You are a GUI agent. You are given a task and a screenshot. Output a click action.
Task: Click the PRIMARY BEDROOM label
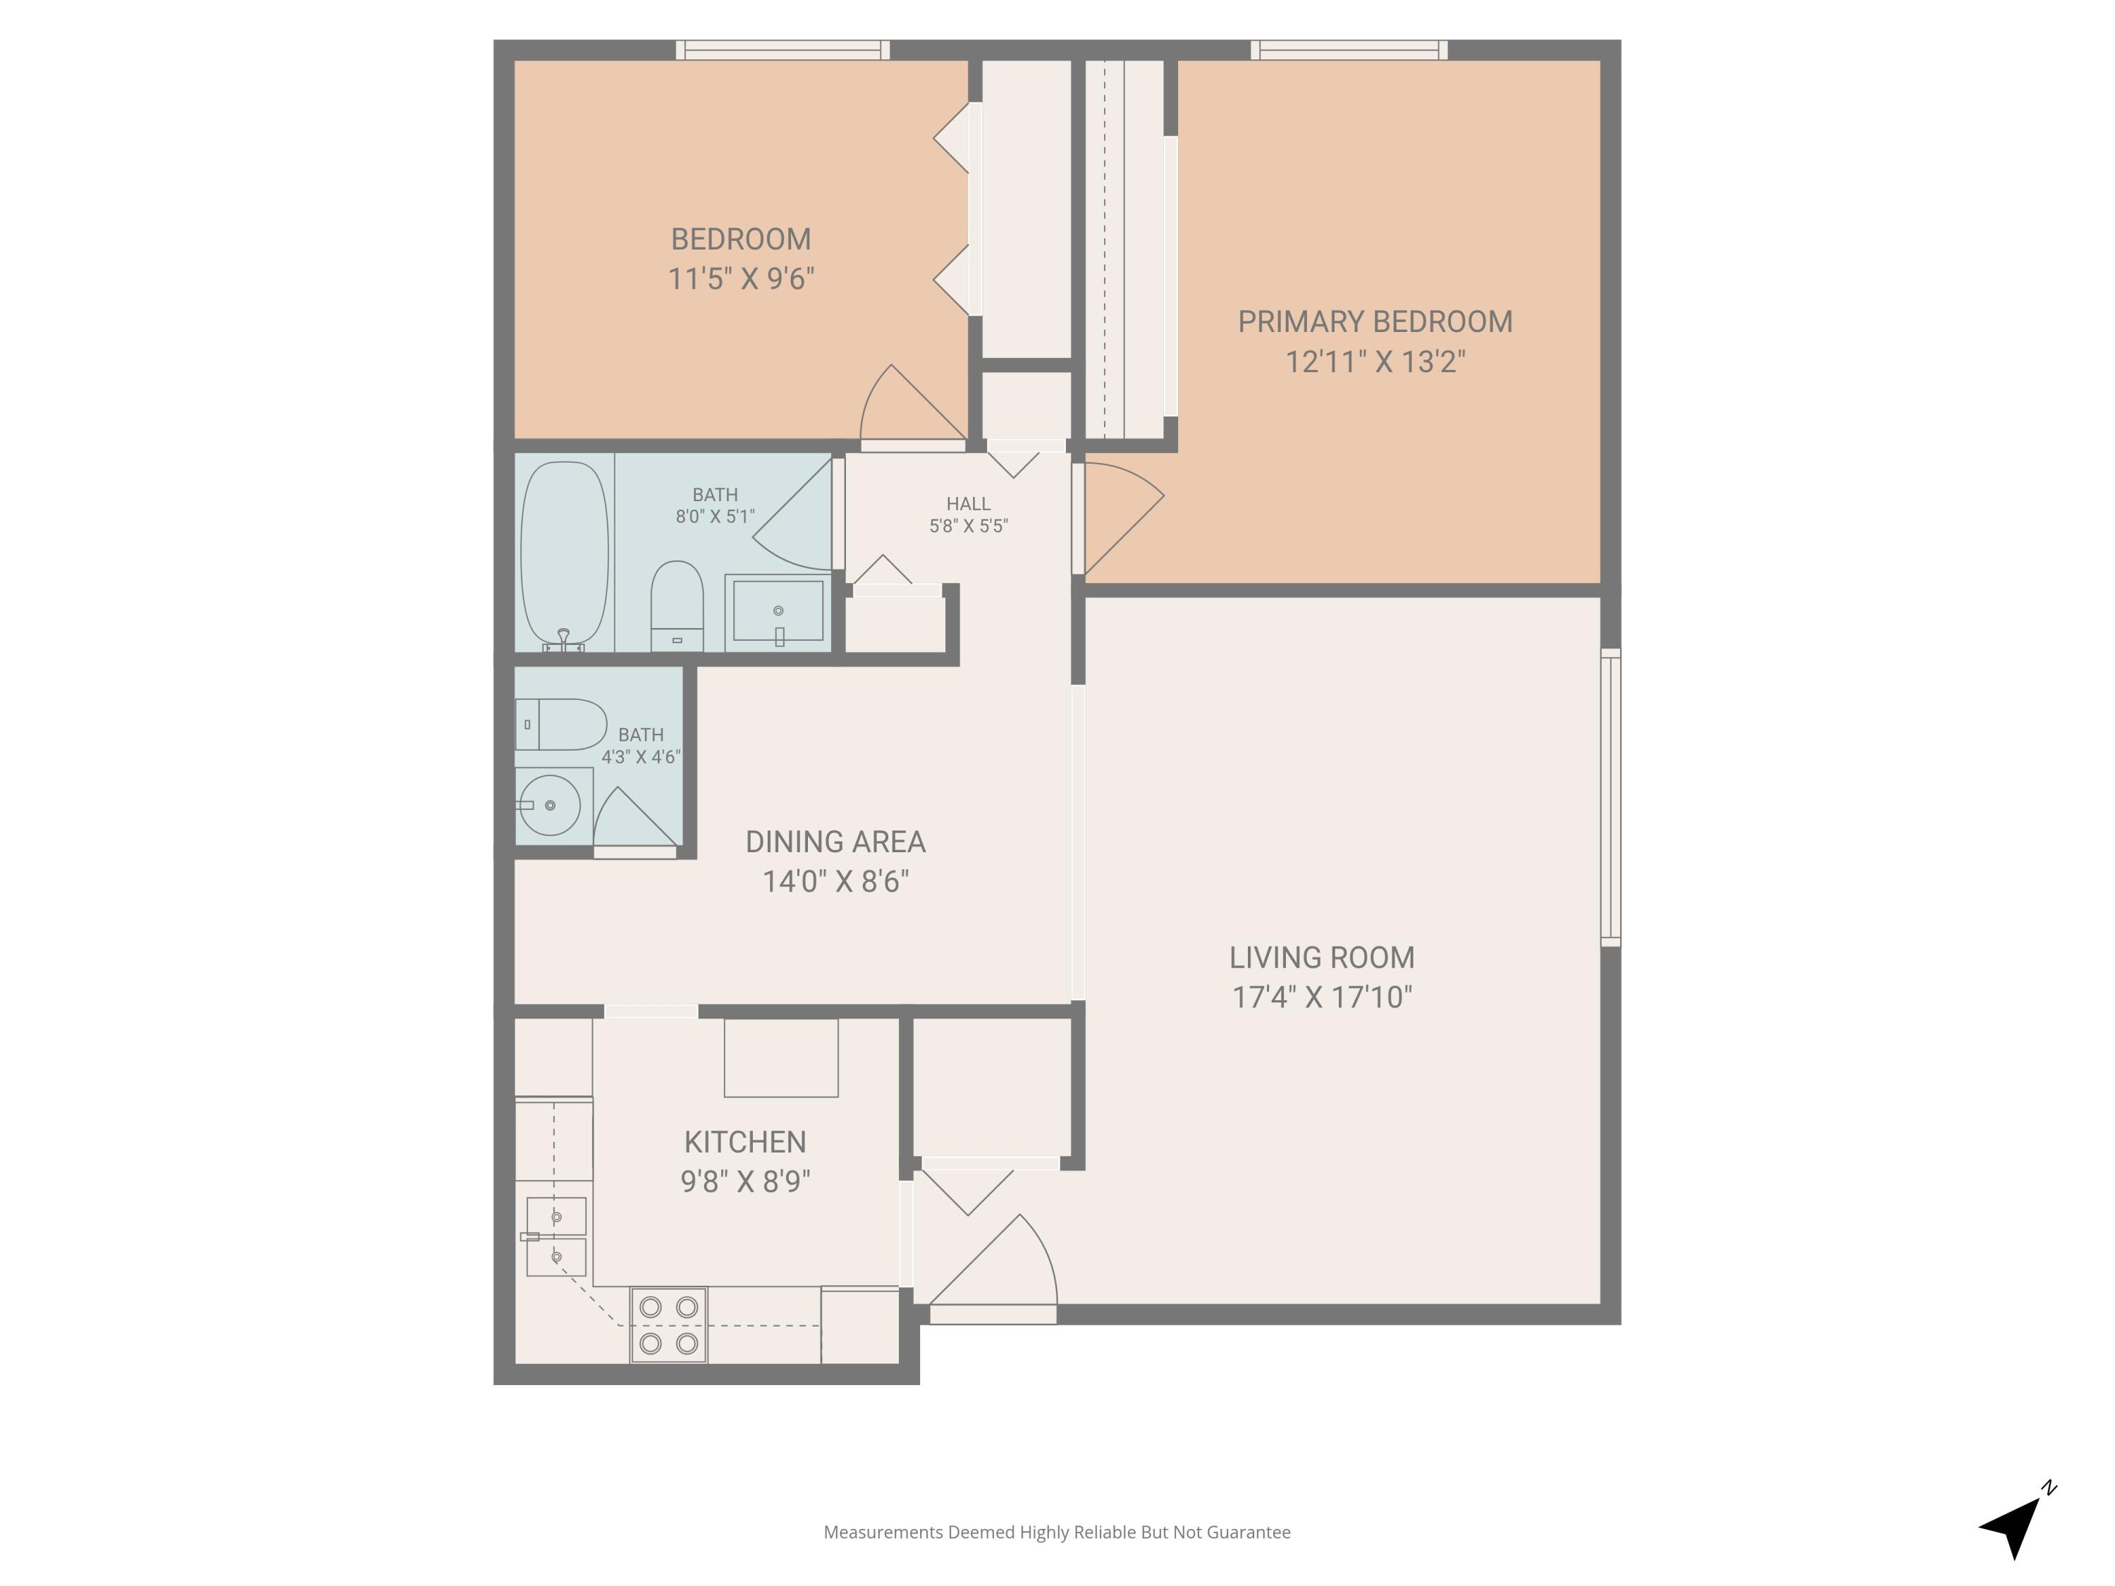click(x=1374, y=322)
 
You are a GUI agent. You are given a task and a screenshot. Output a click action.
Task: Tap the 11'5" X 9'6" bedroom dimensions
click(x=741, y=279)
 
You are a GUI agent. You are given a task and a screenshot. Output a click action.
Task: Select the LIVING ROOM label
click(x=1321, y=957)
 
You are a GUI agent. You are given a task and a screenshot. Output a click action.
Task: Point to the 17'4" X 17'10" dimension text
click(x=1321, y=997)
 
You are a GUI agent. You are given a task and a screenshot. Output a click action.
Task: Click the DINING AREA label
click(x=835, y=841)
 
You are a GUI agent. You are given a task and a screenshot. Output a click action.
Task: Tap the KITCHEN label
click(x=745, y=1141)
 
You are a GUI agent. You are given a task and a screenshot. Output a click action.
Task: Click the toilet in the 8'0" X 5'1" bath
click(x=677, y=604)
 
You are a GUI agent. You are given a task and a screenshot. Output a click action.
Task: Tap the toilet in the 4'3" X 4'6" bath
click(x=562, y=724)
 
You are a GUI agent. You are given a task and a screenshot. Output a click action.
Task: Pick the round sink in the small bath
click(x=550, y=805)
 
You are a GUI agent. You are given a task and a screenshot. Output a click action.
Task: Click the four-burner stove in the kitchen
click(x=668, y=1325)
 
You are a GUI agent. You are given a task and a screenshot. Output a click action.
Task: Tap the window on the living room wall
click(x=1610, y=797)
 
